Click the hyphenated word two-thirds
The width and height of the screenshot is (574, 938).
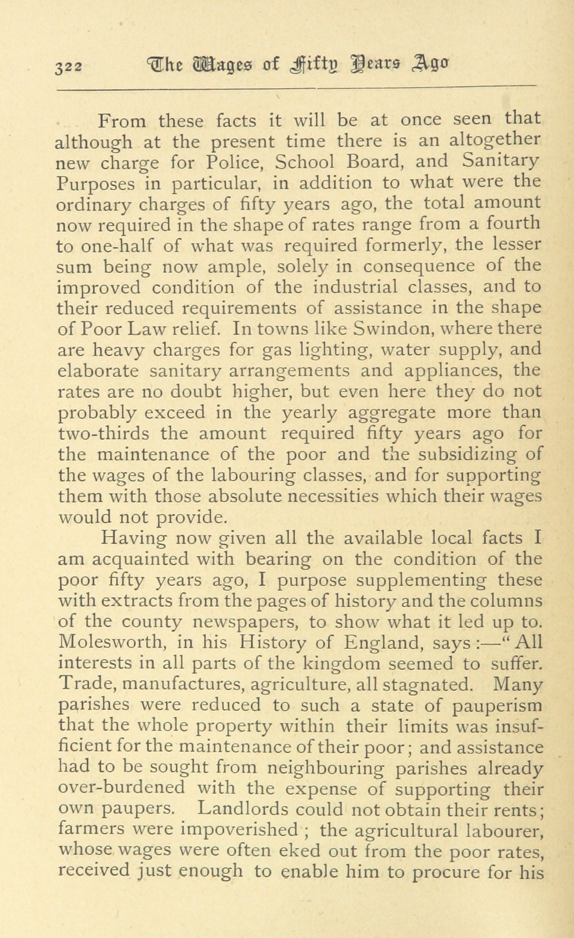[104, 433]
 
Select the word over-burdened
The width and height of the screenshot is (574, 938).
[122, 788]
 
